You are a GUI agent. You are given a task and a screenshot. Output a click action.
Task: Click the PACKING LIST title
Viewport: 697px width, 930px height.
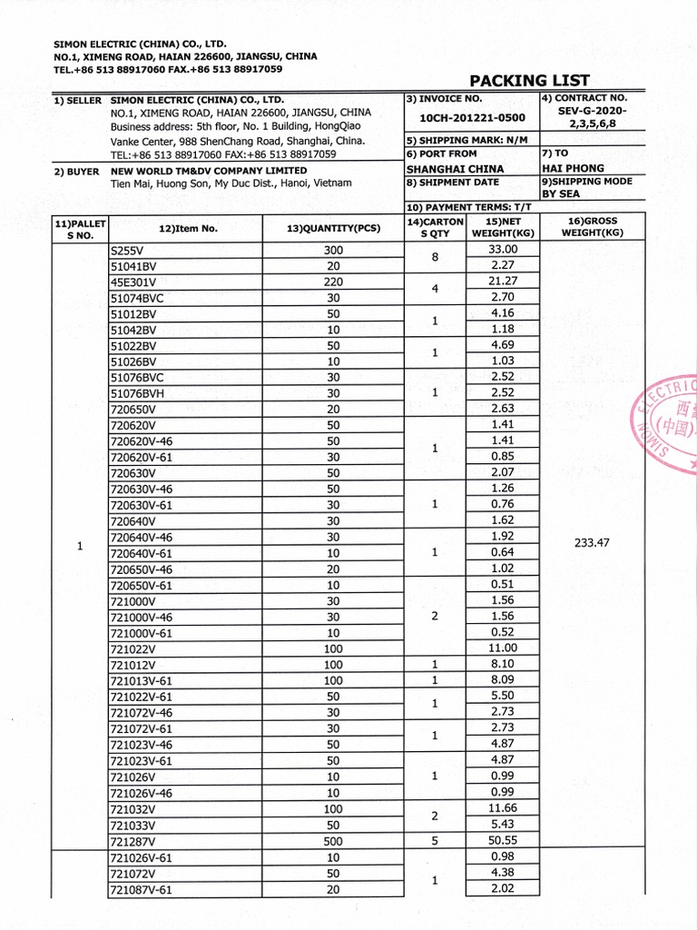529,81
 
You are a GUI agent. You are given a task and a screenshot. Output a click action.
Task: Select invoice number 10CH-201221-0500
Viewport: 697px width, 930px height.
472,118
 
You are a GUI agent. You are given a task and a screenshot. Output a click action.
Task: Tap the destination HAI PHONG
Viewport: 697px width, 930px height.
573,168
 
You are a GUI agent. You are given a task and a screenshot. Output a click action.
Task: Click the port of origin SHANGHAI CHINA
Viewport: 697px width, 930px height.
455,169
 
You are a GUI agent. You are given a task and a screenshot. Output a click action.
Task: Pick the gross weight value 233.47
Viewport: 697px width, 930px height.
592,543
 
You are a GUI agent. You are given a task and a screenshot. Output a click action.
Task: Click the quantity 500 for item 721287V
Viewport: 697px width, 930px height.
333,841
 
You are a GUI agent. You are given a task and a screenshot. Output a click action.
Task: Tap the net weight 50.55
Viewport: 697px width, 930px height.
502,841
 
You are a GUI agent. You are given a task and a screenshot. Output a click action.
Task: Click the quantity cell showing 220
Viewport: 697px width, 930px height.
333,282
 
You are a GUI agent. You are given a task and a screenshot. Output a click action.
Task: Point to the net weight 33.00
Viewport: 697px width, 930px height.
502,250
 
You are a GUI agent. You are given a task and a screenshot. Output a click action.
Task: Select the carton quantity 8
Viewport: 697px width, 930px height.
435,257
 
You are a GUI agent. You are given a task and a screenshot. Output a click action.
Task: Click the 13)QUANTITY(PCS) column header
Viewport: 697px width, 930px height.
333,228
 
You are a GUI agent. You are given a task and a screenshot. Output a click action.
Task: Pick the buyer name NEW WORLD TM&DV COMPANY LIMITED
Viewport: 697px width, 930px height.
209,171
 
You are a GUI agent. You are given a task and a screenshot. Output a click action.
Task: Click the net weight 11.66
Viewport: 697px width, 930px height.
502,808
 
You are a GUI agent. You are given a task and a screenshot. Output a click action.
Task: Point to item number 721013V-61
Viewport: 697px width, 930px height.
141,680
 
